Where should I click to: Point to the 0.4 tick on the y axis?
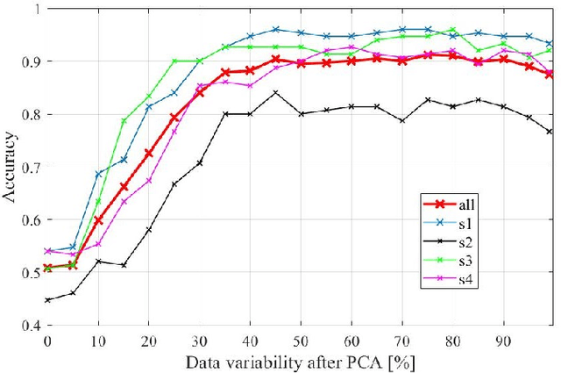tap(32, 325)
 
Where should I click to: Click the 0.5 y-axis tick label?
tap(32, 272)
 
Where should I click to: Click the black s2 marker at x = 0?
tap(48, 300)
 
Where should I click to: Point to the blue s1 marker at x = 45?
tap(275, 29)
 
